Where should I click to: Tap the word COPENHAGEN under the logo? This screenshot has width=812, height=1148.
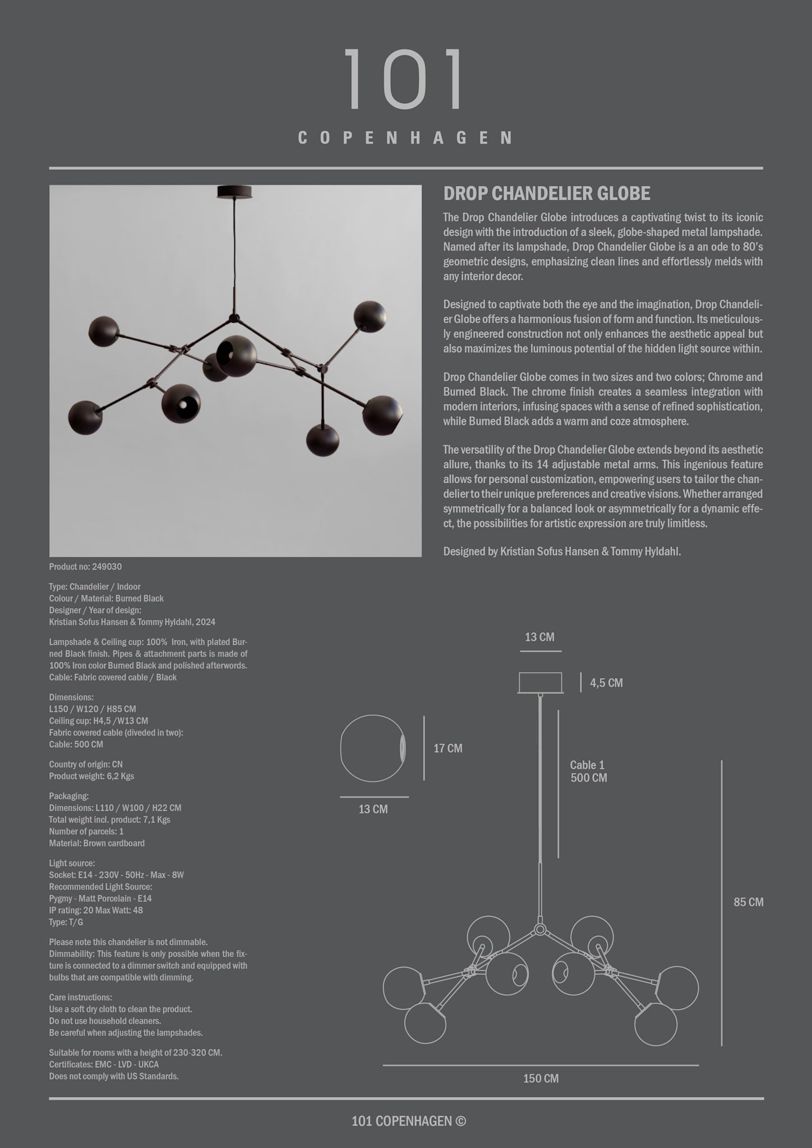click(405, 138)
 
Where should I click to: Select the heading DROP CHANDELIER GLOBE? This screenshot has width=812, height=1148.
click(547, 194)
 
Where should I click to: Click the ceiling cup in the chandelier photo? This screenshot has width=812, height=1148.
click(234, 192)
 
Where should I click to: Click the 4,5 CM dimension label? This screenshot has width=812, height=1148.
click(606, 683)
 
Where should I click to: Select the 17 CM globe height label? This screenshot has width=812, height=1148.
click(447, 748)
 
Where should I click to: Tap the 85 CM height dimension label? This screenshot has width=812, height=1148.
click(748, 902)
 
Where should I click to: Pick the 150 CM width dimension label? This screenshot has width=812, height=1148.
click(541, 1078)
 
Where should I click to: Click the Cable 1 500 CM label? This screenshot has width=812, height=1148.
click(588, 771)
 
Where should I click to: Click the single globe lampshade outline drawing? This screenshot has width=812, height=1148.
click(373, 748)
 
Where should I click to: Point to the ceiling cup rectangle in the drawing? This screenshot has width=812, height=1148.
click(540, 683)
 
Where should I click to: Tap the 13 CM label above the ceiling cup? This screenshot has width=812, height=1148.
click(539, 637)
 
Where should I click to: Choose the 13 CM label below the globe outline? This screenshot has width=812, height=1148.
click(373, 809)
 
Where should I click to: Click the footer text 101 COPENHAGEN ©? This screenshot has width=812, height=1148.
click(408, 1121)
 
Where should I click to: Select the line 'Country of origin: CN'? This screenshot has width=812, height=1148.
click(86, 764)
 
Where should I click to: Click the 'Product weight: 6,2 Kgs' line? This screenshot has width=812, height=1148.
click(91, 776)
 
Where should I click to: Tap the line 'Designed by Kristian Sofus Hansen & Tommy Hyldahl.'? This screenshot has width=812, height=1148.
click(562, 552)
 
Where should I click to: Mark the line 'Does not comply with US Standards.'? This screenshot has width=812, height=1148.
click(114, 1076)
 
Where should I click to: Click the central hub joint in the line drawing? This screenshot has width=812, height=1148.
click(540, 929)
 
